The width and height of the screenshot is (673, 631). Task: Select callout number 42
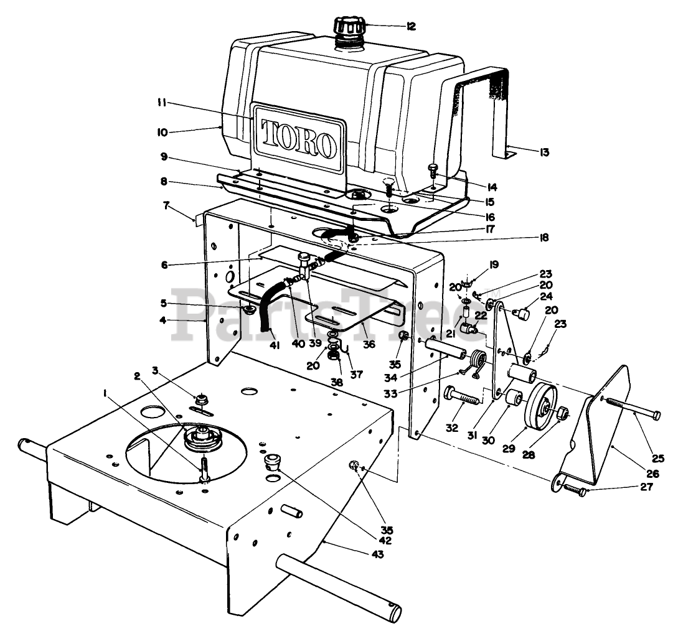point(385,540)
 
